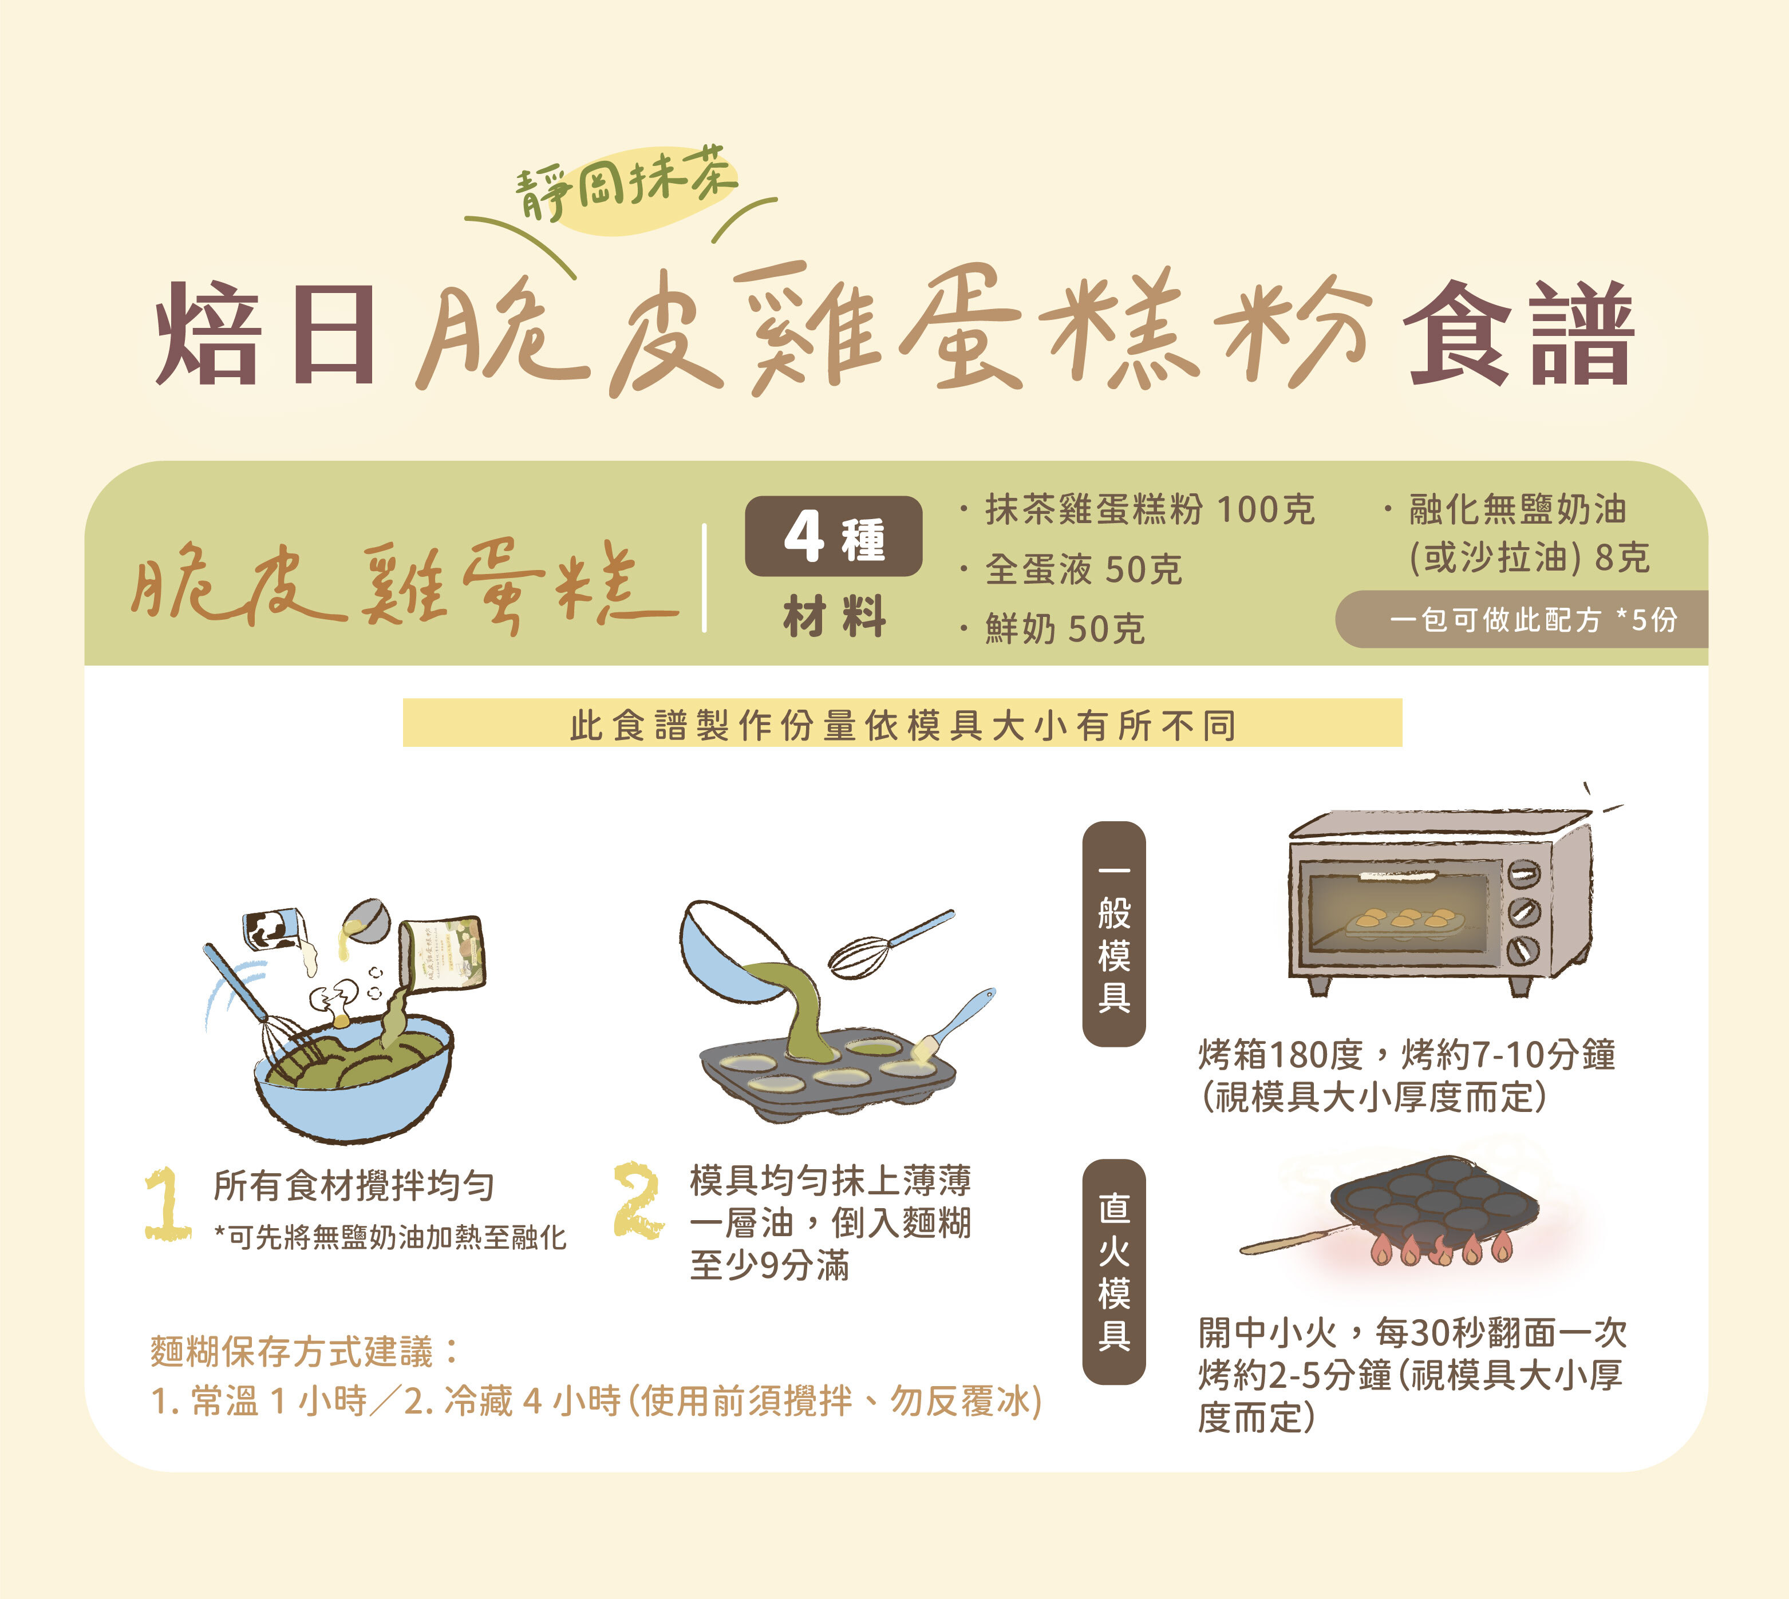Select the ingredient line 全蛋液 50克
click(1083, 569)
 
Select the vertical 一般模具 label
click(1113, 935)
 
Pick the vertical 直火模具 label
click(1113, 1271)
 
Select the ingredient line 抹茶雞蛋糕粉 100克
click(1150, 509)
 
